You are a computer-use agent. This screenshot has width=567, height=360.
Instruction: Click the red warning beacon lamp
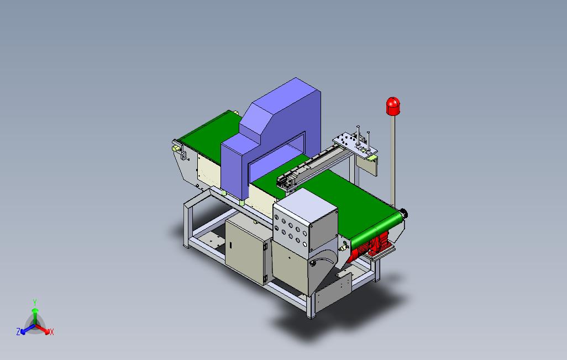point(393,106)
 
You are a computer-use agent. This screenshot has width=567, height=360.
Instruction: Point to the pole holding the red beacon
point(393,161)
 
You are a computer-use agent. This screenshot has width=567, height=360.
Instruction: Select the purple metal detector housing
point(271,137)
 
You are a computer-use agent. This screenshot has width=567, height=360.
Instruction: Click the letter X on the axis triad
point(52,332)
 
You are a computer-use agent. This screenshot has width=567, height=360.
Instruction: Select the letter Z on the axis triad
point(18,331)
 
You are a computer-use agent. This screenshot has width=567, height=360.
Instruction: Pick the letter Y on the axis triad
point(35,302)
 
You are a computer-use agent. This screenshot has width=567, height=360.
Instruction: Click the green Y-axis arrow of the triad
point(35,316)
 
